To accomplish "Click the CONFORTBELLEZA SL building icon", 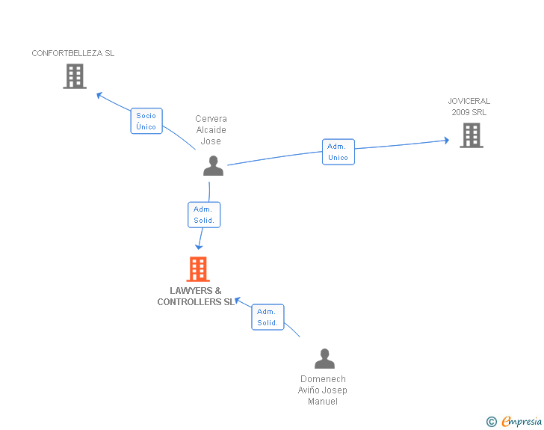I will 75,76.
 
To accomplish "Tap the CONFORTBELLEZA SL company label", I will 73,53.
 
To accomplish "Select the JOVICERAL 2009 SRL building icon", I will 471,135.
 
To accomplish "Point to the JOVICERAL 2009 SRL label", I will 469,106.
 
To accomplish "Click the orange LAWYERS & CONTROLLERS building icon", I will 198,269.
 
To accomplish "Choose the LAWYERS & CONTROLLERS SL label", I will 196,296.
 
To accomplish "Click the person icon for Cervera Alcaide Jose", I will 213,166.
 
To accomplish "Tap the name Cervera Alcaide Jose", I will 211,130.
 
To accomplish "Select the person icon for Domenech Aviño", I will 324,359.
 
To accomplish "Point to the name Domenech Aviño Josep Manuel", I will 323,390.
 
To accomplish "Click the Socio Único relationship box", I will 146,121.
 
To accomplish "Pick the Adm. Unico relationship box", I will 338,152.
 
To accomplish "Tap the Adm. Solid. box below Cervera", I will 204,215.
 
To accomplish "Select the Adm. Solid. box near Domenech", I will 268,317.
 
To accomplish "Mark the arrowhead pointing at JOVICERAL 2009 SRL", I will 445,140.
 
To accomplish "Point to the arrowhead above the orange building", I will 199,247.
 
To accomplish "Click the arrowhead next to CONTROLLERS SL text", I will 238,301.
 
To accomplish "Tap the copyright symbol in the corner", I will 491,422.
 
